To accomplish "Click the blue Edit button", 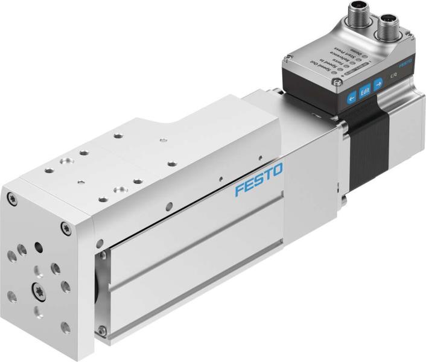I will point(364,92).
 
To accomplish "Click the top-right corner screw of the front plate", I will point(66,227).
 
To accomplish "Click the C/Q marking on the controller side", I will point(393,76).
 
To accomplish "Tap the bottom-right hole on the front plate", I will point(65,328).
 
